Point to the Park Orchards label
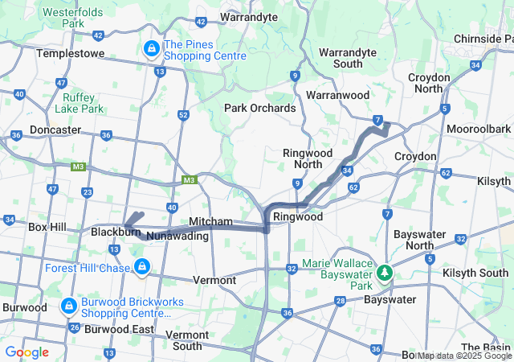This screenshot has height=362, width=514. [259, 108]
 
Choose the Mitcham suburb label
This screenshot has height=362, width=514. [210, 221]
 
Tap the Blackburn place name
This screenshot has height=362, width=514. [110, 232]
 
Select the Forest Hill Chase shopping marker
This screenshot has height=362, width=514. [142, 265]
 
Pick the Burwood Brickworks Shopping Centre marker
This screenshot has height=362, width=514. [70, 306]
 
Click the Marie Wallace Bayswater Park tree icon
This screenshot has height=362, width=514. [386, 273]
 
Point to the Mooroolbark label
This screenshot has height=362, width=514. [479, 129]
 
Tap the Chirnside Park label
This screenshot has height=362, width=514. [483, 39]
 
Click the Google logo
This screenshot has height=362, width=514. [27, 352]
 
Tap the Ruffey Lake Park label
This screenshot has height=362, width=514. [84, 103]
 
